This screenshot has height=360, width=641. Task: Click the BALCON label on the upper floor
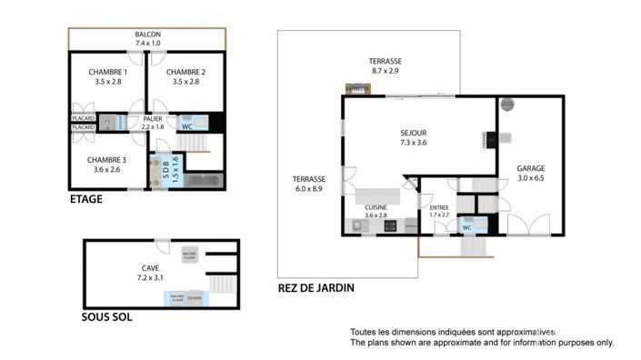coord(147,33)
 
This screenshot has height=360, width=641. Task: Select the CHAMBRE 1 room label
coord(107,72)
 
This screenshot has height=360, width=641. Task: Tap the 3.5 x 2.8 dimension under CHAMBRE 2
coord(185,82)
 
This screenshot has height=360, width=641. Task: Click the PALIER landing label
coord(154,117)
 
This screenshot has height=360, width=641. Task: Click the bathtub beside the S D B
coord(202,181)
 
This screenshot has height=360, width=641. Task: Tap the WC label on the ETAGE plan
coord(187,126)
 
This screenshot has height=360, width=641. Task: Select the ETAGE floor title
coord(85,199)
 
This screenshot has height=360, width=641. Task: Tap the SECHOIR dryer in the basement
coord(194,298)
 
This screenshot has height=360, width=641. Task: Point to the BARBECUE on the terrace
coord(357,89)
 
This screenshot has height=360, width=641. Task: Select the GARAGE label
coord(530,169)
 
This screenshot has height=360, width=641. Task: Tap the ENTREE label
coord(439,207)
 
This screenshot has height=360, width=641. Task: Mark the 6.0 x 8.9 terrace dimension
coord(309,188)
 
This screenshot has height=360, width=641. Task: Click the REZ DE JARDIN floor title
coord(315,288)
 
